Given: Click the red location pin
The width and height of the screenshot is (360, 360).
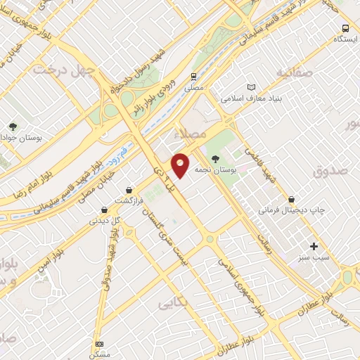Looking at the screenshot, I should coord(181,165).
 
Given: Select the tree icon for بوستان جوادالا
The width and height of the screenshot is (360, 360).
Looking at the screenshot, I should coord(13,127).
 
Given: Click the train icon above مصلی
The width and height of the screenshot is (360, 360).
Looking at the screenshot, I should coord(192,77).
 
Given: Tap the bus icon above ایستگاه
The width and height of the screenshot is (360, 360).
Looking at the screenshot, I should coord(345,28).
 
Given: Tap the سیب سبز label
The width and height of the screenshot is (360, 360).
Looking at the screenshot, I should coord(313,259).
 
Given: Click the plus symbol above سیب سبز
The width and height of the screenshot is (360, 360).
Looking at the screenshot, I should coord(314,247).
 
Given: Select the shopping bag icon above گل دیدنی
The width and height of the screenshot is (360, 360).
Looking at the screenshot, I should coord(104,209).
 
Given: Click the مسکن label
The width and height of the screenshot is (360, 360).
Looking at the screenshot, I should coord(98,354).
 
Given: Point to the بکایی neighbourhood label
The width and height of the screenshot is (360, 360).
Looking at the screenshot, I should coord(173,303).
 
